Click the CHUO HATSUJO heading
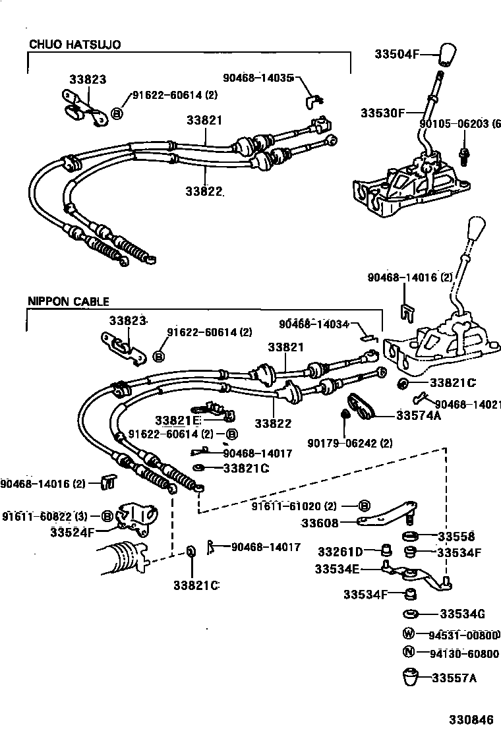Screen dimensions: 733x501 point(75,44)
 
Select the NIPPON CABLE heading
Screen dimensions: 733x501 point(68,301)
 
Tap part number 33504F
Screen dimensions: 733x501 point(398,53)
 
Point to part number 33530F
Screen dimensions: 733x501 point(382,113)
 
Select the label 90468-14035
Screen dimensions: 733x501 point(258,77)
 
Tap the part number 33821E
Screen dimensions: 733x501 point(177,421)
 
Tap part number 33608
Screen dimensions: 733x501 point(320,523)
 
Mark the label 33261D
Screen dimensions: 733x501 point(340,551)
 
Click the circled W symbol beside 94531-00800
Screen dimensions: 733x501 point(409,635)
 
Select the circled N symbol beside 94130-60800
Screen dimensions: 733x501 point(409,653)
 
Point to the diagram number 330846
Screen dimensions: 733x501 point(470,719)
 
